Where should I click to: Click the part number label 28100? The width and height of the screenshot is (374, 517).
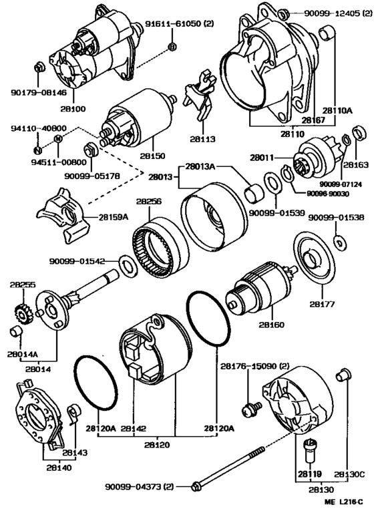73,108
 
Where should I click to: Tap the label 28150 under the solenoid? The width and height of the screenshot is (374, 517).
153,155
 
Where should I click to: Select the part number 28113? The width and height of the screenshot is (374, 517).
202,139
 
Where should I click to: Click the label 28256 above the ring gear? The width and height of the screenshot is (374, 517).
149,201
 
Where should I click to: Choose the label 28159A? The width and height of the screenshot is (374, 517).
113,217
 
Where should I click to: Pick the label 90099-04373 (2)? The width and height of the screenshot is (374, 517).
139,486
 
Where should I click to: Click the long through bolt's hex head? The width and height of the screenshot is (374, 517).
196,486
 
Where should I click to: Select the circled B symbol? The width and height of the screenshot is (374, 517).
172,47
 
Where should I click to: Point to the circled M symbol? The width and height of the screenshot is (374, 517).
57,140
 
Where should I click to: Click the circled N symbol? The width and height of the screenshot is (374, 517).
37,150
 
